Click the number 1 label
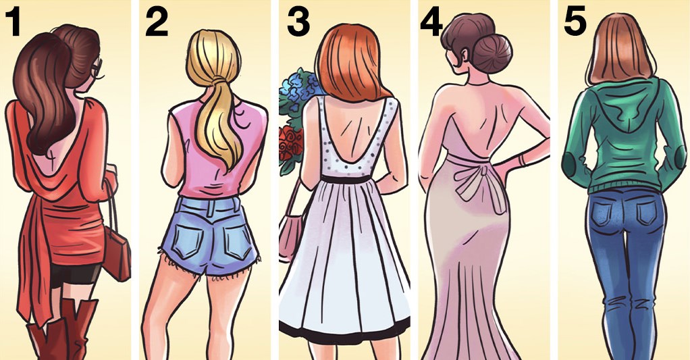14,22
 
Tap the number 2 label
157,22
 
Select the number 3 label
298,22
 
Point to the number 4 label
431,22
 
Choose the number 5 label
575,22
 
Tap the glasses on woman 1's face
97,70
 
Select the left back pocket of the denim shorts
188,240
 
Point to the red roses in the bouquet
291,144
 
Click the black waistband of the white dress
346,179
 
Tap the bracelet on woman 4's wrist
522,159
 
